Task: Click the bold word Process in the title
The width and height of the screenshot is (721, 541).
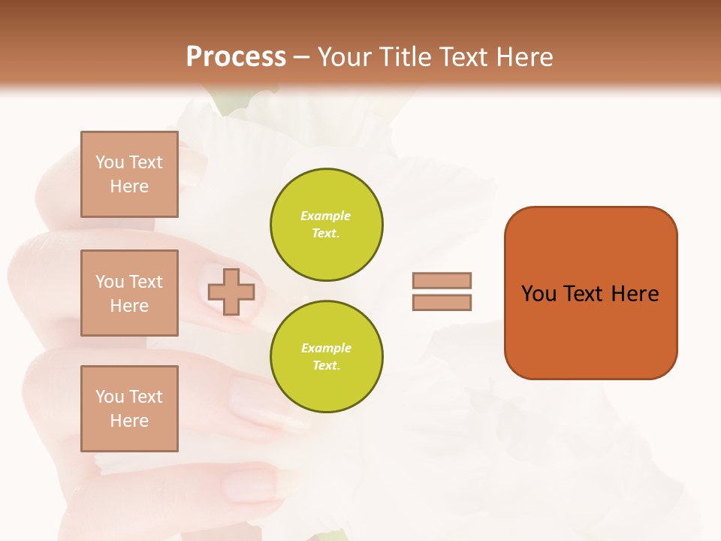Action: tap(236, 57)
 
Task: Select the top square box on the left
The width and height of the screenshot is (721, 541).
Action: tap(129, 174)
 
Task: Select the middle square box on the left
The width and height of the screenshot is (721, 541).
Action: tap(129, 293)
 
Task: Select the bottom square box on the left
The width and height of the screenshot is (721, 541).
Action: tap(129, 409)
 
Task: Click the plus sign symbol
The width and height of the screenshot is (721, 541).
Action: tap(231, 292)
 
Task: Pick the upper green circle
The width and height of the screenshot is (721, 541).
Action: tap(327, 225)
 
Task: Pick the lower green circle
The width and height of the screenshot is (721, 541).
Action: tap(327, 357)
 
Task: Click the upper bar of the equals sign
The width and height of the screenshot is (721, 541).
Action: tap(442, 280)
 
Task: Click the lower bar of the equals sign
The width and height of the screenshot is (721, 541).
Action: tap(442, 302)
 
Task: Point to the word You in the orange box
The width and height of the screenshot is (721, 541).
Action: tap(538, 294)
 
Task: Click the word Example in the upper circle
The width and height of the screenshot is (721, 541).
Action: tap(325, 216)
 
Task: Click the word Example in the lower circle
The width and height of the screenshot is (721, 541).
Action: tap(326, 349)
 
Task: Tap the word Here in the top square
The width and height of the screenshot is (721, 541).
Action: tap(129, 186)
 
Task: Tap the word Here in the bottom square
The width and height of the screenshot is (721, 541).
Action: tap(129, 421)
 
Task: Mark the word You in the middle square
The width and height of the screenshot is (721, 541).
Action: tap(110, 282)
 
